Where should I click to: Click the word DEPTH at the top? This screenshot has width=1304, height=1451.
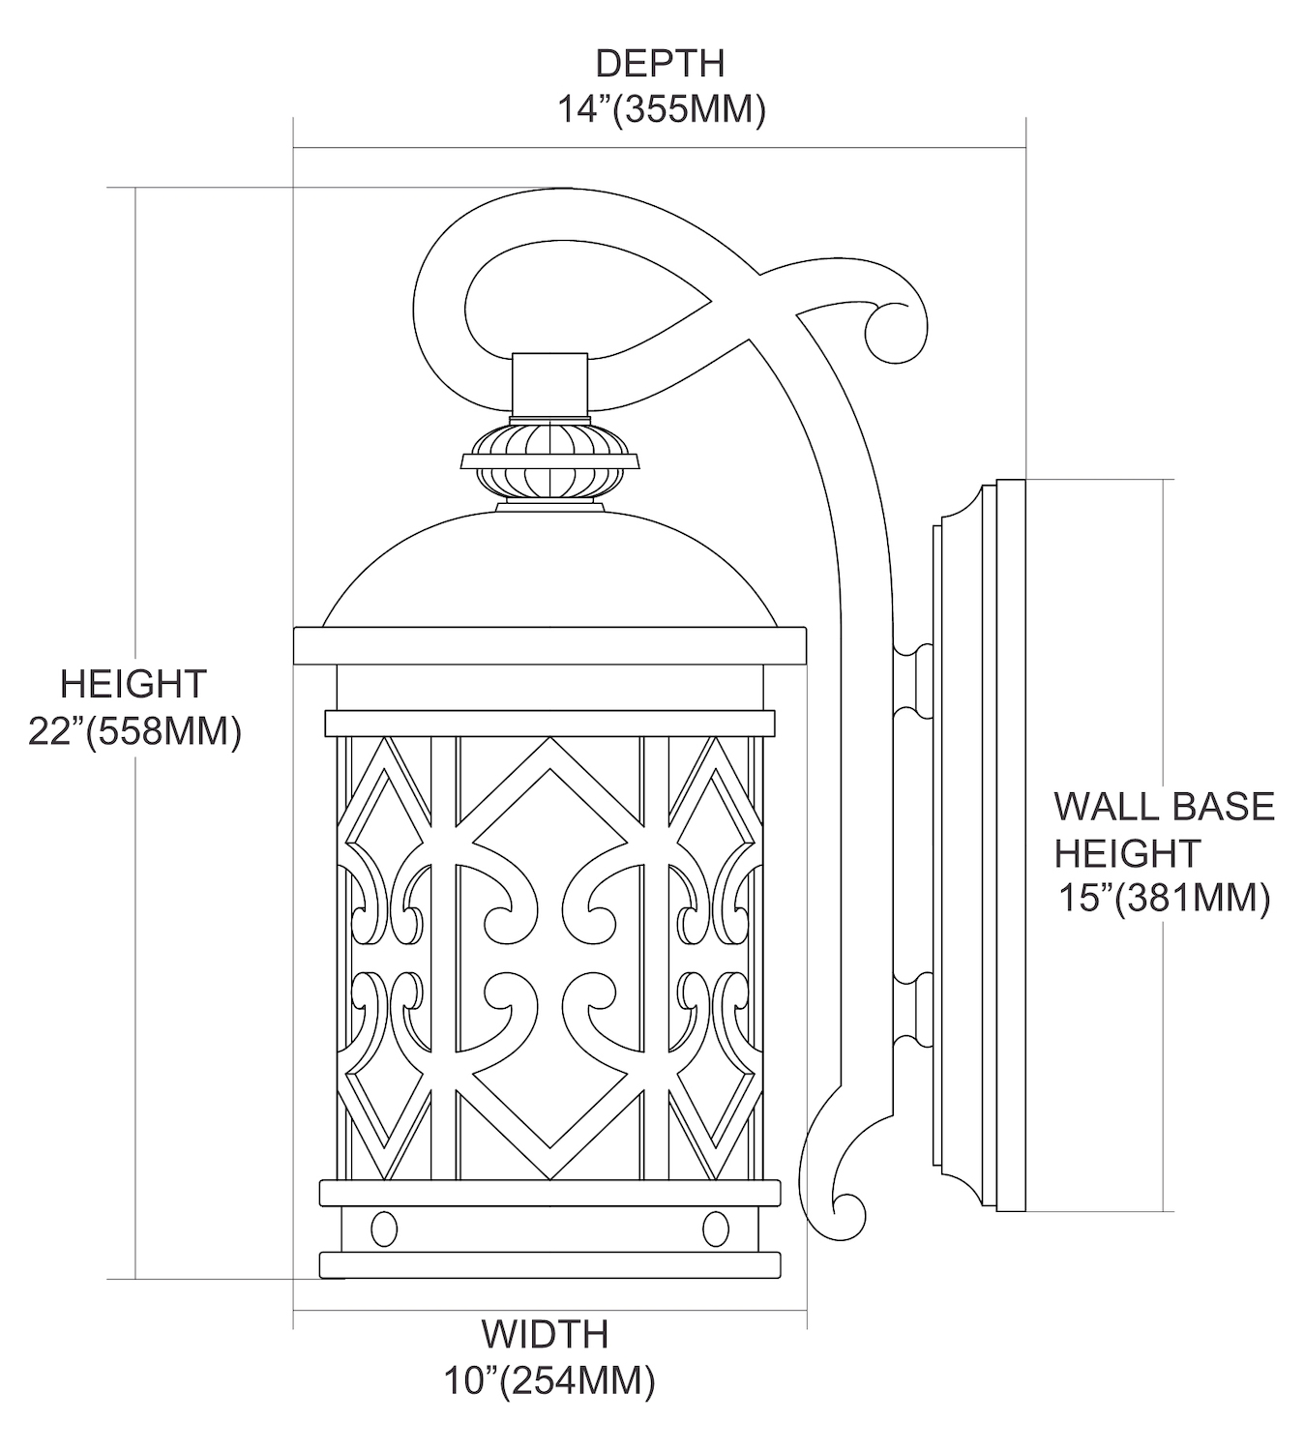click(660, 63)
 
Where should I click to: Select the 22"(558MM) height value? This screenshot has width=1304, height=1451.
click(134, 731)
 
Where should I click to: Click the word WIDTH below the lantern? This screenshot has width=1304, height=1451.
click(545, 1334)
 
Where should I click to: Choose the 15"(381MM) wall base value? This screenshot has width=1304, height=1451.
click(1162, 899)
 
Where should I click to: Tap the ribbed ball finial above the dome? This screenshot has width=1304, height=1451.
click(552, 459)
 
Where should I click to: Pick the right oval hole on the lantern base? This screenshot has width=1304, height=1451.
click(716, 1229)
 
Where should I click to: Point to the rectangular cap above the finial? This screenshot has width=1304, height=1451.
click(551, 385)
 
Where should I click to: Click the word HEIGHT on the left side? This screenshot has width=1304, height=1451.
click(133, 684)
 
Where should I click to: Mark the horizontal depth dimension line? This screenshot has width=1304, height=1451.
click(660, 148)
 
